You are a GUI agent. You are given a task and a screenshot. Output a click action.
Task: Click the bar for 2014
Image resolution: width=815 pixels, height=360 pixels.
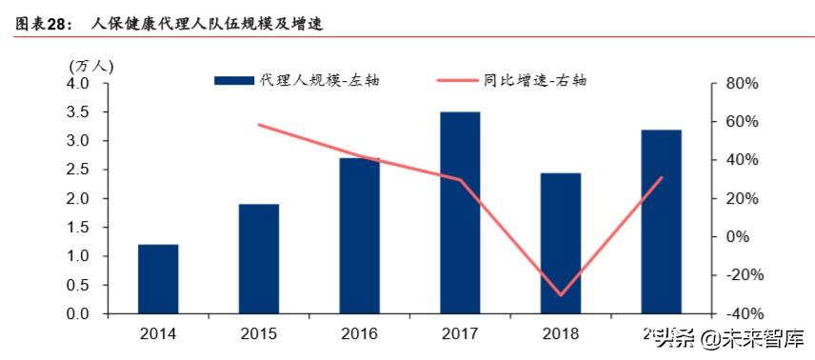pyautogui.click(x=158, y=279)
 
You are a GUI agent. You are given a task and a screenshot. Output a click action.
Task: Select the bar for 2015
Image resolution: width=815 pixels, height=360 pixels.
pyautogui.click(x=259, y=259)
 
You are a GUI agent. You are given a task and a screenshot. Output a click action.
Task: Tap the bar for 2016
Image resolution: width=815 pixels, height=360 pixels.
pyautogui.click(x=360, y=236)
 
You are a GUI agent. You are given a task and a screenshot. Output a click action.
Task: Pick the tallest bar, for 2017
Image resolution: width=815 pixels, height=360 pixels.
pyautogui.click(x=460, y=213)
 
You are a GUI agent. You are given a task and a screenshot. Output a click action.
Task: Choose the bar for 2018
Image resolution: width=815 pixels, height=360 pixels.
pyautogui.click(x=561, y=244)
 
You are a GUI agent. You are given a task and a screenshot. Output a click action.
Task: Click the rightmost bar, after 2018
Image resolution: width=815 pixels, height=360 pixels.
pyautogui.click(x=661, y=222)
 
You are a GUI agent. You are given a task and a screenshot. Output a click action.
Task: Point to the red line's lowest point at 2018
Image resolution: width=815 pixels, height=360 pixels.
pyautogui.click(x=561, y=295)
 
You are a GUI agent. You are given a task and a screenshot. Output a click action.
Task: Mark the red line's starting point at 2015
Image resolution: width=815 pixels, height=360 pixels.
pyautogui.click(x=259, y=125)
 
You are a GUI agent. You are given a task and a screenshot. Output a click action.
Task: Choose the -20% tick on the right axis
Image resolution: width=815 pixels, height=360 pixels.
pyautogui.click(x=740, y=275)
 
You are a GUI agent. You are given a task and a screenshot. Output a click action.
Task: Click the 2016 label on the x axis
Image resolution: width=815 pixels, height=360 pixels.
pyautogui.click(x=359, y=334)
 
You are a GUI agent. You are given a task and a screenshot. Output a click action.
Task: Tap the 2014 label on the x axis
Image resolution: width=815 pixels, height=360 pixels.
pyautogui.click(x=158, y=334)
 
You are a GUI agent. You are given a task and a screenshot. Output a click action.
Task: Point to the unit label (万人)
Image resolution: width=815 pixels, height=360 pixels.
pyautogui.click(x=91, y=66)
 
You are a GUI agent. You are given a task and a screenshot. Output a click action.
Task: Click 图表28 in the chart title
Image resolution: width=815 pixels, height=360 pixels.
pyautogui.click(x=43, y=24)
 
